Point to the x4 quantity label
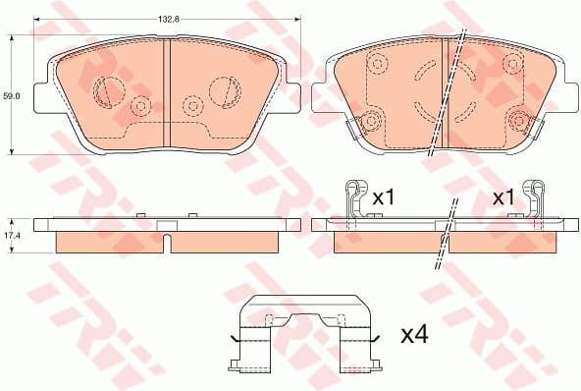coord(416,335)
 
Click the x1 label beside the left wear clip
coord(383,197)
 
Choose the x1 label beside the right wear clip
coord(503,197)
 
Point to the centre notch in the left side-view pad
coord(167,237)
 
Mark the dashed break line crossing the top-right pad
coord(452,93)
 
